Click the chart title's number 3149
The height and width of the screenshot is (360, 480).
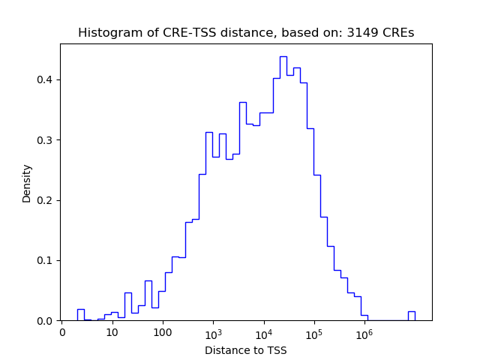pos(367,33)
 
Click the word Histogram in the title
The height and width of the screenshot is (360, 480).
pos(107,33)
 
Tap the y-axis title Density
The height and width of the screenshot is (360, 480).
pos(27,182)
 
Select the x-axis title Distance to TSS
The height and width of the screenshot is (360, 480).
pos(246,350)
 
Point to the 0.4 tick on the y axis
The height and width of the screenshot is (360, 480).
pos(45,80)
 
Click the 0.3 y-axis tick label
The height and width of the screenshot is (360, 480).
pos(45,140)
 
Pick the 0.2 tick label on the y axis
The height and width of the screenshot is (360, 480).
pos(45,200)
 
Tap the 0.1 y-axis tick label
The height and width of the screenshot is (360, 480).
pos(45,261)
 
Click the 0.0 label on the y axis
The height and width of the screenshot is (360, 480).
pos(45,321)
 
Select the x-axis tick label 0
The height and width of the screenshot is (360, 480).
pos(62,332)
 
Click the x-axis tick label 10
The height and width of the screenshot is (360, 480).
pos(112,332)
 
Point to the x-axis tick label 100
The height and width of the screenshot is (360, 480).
pos(163,332)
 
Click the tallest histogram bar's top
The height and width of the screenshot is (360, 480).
pos(283,57)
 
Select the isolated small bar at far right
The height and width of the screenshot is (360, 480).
pos(411,316)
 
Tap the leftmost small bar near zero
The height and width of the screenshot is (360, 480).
pos(80,315)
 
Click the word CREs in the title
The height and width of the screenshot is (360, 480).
pos(400,33)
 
